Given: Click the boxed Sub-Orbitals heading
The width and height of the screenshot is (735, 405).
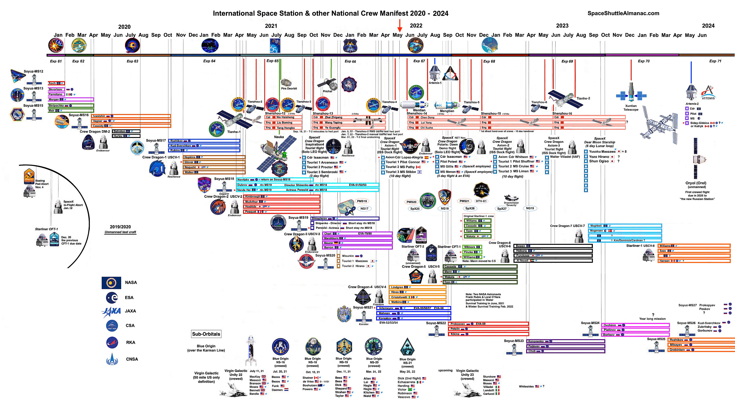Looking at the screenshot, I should pos(206,334).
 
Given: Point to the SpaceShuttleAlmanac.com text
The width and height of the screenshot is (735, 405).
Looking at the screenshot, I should pos(623,13).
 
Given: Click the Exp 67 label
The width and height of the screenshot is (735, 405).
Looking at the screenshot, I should pos(419,61).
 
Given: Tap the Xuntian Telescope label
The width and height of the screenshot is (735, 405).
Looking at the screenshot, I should pos(631,108).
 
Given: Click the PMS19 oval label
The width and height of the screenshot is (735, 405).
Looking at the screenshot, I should pos(362,201).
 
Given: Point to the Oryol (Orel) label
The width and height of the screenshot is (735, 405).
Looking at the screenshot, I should pos(696,183).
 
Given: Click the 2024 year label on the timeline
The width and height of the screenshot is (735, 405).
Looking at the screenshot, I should pos(708,26).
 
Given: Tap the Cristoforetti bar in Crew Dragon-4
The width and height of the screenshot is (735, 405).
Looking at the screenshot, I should pos(417,297).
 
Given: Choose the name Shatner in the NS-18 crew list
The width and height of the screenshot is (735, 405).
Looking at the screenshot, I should pos(308,378).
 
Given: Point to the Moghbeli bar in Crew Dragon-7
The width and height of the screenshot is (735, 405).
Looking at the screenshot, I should pos(625,226).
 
